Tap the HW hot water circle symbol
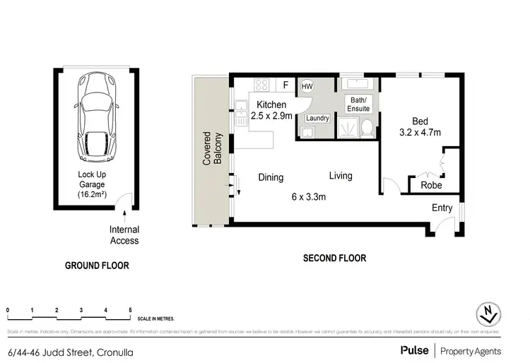307,86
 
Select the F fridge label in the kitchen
285,85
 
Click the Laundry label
318,118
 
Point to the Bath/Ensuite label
357,105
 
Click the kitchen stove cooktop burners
261,85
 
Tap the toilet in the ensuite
367,127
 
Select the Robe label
431,185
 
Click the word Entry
443,208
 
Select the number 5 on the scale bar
130,310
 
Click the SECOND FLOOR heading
334,258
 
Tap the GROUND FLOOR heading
97,266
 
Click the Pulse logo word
416,351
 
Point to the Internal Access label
124,235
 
